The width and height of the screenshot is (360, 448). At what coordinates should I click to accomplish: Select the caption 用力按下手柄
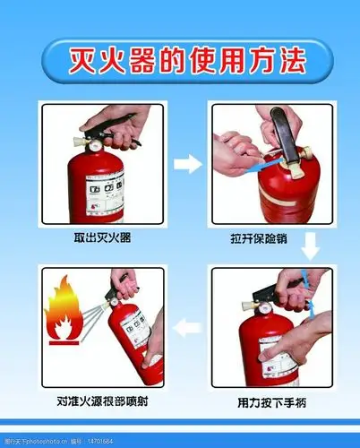click(x=271, y=403)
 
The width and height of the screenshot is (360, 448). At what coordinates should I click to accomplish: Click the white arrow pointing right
click(x=186, y=163)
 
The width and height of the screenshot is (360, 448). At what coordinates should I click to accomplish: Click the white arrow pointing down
click(x=310, y=245)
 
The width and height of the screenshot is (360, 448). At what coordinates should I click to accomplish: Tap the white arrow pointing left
click(x=186, y=328)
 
